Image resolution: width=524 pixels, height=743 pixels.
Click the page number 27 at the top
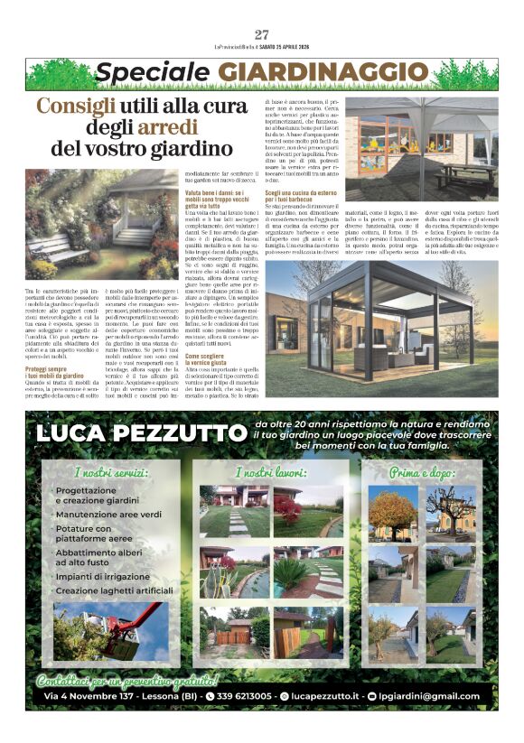coord(262,34)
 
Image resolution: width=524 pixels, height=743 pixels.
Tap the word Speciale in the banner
coord(153,71)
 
